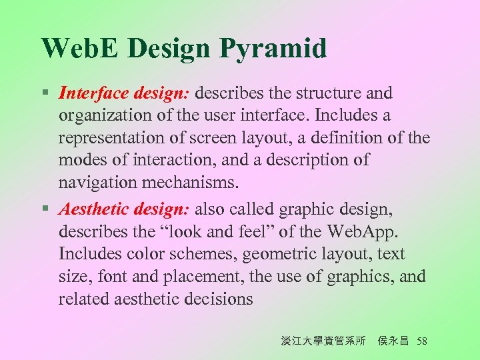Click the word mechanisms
[197, 182]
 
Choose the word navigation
[98, 182]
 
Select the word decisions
[215, 299]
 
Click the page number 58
[421, 341]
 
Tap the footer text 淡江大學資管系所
[323, 341]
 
